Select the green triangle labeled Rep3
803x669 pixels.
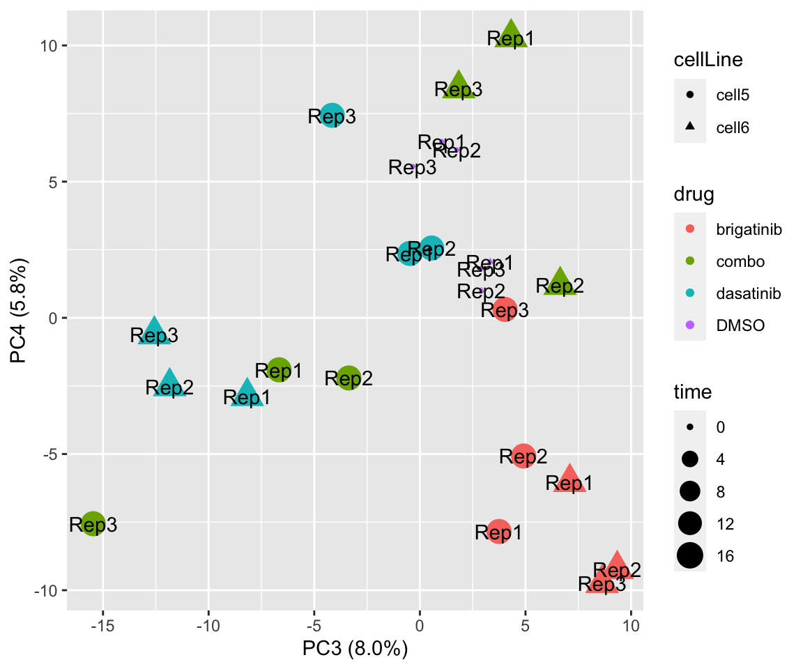[x=459, y=86]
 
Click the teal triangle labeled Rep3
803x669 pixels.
[x=154, y=332]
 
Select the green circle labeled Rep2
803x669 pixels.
[x=349, y=378]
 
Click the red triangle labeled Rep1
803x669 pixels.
[x=569, y=479]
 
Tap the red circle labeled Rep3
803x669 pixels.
[x=505, y=309]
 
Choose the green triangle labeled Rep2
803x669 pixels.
[x=560, y=282]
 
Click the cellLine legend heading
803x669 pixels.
[x=708, y=61]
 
